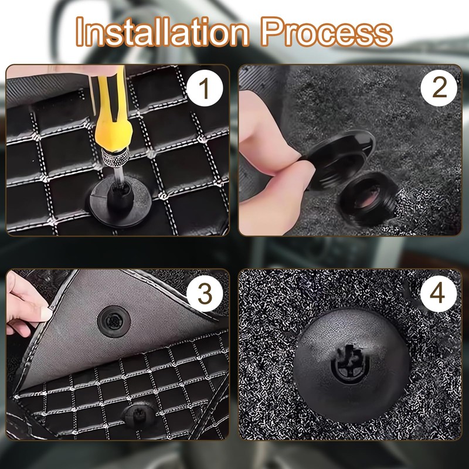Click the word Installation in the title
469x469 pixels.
162,32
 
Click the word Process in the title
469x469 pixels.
327,32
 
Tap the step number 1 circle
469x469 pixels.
205,89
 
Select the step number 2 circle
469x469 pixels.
439,88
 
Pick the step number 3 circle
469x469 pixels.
205,294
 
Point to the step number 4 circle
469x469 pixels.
439,294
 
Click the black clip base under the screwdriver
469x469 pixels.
120,202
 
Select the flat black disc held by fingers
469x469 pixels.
341,158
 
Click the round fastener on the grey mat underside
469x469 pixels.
114,321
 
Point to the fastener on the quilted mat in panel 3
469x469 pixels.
139,416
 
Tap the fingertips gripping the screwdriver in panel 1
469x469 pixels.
101,70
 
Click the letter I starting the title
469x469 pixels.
79,32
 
